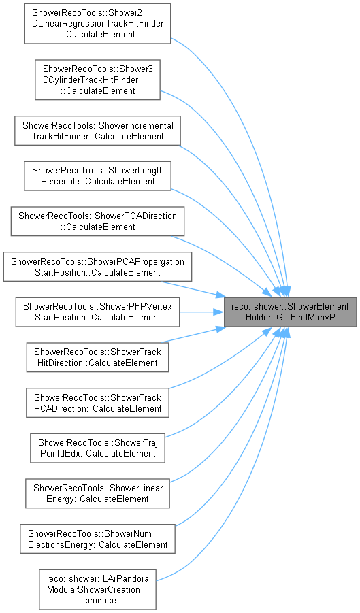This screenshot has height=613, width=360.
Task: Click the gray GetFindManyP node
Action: coord(290,312)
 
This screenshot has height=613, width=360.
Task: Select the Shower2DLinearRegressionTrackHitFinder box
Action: coord(97,23)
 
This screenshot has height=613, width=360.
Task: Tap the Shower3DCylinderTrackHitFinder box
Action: coord(97,80)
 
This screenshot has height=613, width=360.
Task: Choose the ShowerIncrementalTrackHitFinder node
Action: coord(98,131)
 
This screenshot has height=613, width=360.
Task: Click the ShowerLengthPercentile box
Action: coord(98,176)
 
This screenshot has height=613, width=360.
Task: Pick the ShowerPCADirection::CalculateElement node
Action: coord(98,221)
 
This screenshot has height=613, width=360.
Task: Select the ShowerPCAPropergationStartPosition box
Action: coord(98,267)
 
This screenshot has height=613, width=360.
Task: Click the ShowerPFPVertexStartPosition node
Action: coord(98,312)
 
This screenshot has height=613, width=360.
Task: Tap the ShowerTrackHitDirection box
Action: coord(98,357)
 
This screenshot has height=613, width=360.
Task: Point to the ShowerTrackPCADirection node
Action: coord(98,403)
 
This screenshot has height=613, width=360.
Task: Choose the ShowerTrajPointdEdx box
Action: coord(98,448)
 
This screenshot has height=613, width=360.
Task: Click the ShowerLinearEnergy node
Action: coord(98,493)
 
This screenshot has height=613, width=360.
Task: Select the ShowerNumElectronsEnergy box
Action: coord(98,539)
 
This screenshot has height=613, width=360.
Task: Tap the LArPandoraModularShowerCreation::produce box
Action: coord(97,590)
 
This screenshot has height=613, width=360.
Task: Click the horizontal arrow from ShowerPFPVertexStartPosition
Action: coord(201,312)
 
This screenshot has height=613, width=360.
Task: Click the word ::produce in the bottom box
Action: coord(97,600)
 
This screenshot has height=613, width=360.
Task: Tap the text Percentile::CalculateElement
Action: coord(98,182)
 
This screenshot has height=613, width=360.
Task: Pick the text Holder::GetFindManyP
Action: coord(290,318)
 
